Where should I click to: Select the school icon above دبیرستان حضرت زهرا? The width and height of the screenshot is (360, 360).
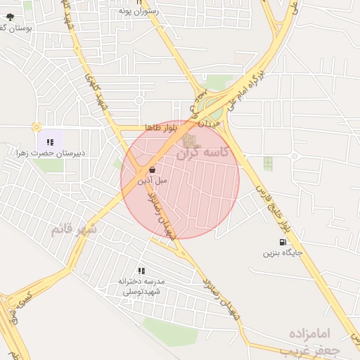click(49, 142)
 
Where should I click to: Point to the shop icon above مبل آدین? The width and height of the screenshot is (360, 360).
click(152, 169)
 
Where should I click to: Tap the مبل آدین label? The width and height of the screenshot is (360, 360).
click(153, 181)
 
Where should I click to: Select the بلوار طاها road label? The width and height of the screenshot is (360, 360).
click(160, 127)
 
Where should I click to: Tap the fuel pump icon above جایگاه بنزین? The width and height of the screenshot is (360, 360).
click(283, 243)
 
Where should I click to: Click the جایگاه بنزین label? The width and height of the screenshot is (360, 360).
click(283, 252)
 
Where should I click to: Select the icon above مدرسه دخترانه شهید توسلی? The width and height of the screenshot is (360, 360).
click(141, 271)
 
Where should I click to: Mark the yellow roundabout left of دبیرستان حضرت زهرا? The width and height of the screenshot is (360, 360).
click(36, 127)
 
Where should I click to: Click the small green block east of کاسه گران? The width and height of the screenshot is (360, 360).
click(267, 163)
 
